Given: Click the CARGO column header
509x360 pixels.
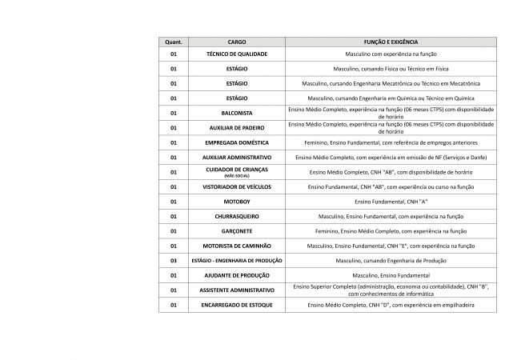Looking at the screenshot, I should pos(237,40).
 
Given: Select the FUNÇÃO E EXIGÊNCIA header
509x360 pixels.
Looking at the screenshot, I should pos(391,40).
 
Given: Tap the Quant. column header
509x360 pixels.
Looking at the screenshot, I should pos(173,40).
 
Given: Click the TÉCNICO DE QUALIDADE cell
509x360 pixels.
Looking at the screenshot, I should pos(237,54).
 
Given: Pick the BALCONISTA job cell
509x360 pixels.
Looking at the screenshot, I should pos(237,113).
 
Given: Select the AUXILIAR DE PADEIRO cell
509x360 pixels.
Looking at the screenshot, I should pos(237,127).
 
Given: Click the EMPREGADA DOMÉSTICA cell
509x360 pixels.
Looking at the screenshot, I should pos(237,142).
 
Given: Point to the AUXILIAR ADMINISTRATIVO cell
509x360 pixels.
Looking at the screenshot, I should pos(237,157).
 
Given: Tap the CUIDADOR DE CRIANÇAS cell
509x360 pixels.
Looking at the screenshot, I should pos(237,171).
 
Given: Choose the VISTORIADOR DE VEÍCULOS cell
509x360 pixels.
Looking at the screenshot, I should pos(237,186).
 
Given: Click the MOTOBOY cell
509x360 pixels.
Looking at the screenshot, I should pos(237,202).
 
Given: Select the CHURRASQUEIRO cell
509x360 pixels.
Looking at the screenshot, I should pos(237,216).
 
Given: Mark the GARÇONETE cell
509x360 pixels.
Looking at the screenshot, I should pos(237,230).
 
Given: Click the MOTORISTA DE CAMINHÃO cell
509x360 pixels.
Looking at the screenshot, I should pos(237,246).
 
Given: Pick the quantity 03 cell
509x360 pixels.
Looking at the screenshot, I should pos(173,260).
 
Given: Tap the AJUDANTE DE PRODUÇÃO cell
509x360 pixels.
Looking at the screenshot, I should pos(237,275).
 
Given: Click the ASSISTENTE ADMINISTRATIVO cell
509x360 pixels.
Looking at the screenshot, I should pos(237,290).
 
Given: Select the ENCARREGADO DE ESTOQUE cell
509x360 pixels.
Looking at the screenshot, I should pos(237,305).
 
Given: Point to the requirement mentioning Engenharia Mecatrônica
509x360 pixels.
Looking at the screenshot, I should pos(391,83).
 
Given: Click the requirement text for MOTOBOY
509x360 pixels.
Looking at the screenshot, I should pos(391,202).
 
